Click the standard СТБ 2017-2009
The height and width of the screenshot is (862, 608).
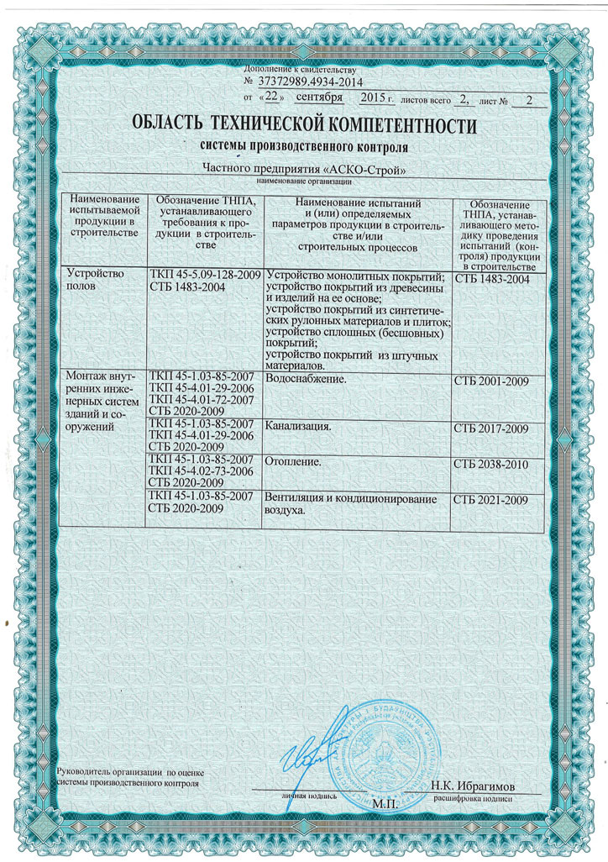coord(490,429)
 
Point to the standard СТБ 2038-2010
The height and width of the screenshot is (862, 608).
coord(490,463)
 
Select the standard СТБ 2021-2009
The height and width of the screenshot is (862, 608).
coord(490,501)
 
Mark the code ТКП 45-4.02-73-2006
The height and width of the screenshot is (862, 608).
coord(201,471)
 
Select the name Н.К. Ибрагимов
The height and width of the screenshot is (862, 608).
coord(473,786)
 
